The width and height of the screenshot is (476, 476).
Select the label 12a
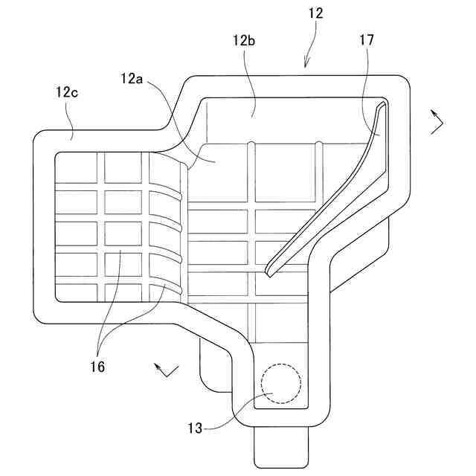tap(133, 77)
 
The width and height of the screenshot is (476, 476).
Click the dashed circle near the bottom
tap(281, 384)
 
